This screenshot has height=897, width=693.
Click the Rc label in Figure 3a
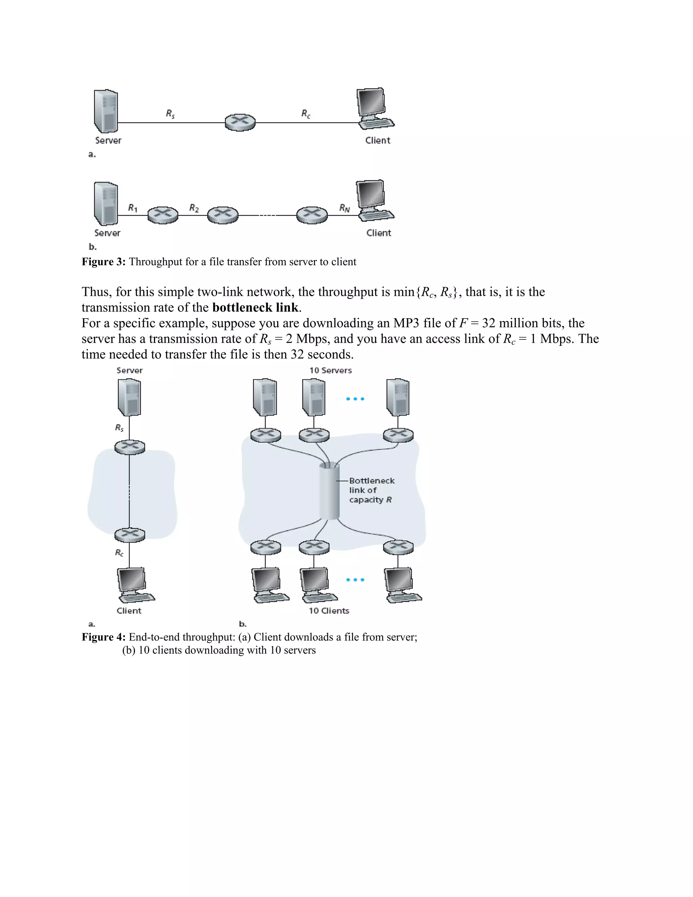[306, 114]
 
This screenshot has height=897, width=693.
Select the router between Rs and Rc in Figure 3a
[240, 123]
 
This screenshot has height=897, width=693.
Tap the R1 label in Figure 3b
[133, 208]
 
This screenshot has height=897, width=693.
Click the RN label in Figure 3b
[344, 208]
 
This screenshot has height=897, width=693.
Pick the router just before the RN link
[312, 215]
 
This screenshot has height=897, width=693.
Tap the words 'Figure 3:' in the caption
[104, 262]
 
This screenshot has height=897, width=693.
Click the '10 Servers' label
[331, 370]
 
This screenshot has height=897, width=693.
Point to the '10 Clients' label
[329, 611]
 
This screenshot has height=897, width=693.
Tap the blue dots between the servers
[355, 399]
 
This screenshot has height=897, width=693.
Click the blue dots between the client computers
[355, 580]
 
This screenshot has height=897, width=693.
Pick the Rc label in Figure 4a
[119, 553]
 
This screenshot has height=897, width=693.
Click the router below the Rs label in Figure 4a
[130, 447]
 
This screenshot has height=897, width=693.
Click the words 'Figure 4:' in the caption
[104, 637]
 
